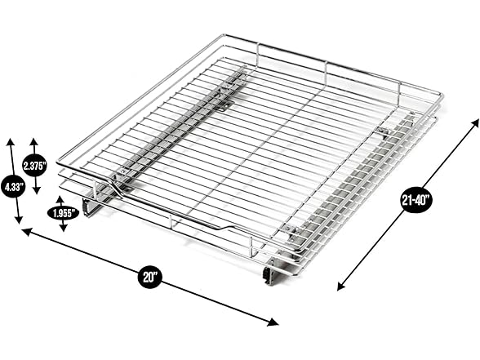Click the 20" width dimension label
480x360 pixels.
pyautogui.click(x=149, y=277)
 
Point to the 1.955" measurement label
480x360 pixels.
pyautogui.click(x=62, y=214)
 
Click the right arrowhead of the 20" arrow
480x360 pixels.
pyautogui.click(x=275, y=322)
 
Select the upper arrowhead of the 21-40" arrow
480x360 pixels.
pyautogui.click(x=475, y=121)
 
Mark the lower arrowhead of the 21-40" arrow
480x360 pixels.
pyautogui.click(x=340, y=287)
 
